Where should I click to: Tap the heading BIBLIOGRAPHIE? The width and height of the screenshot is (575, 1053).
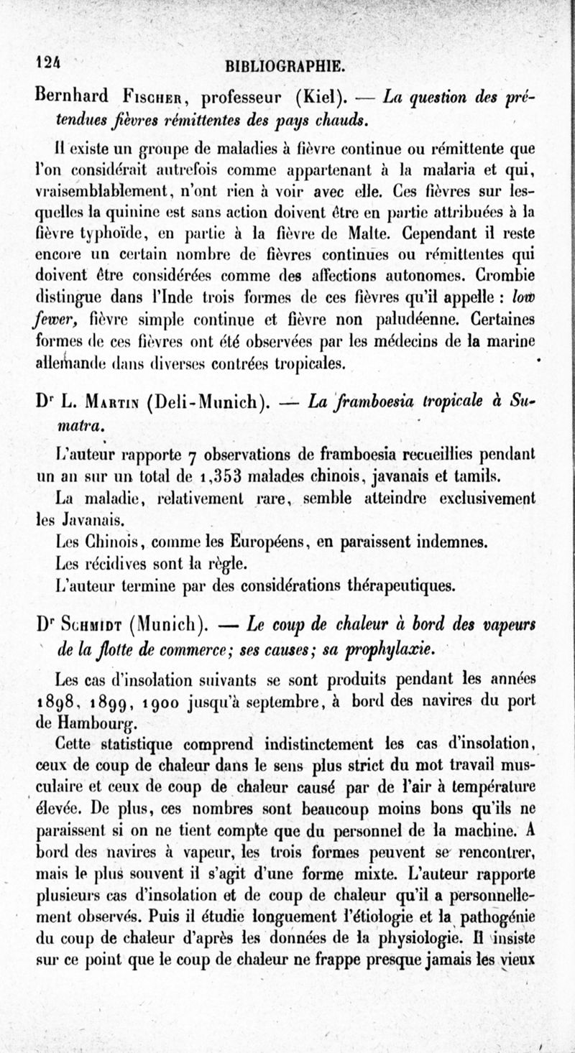tap(285, 68)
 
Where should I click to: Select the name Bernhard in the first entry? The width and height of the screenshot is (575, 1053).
tap(72, 96)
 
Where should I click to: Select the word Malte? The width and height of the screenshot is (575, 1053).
tap(365, 234)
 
